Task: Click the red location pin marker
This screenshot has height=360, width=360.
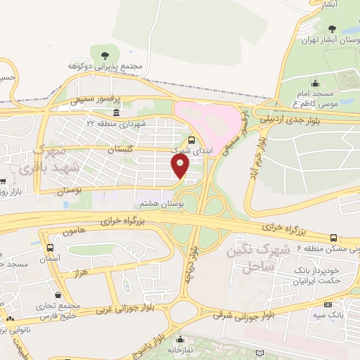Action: pyautogui.click(x=181, y=166)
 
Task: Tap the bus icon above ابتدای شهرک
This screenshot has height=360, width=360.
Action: pyautogui.click(x=192, y=140)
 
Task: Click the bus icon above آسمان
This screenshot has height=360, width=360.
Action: pyautogui.click(x=50, y=247)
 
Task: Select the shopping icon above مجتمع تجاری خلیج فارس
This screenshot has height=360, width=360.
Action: pyautogui.click(x=58, y=295)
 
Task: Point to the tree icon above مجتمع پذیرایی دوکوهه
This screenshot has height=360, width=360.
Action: pyautogui.click(x=105, y=53)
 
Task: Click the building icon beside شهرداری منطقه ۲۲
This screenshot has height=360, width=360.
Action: pyautogui.click(x=116, y=113)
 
